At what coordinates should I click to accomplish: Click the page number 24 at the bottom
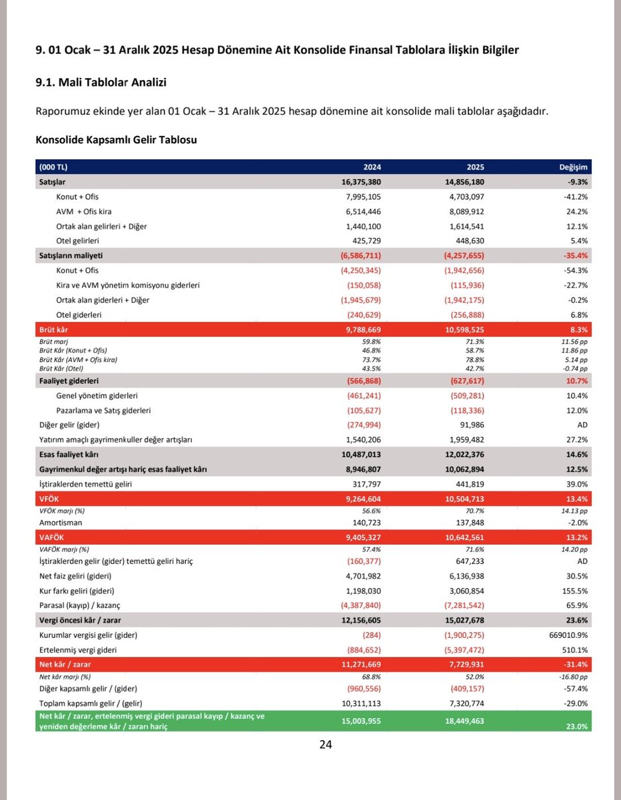pyautogui.click(x=325, y=745)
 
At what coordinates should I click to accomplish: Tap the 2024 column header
pyautogui.click(x=372, y=167)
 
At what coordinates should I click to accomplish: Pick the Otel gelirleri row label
pyautogui.click(x=83, y=241)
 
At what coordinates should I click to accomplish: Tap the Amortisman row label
pyautogui.click(x=59, y=523)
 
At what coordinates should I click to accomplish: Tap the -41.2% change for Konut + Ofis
pyautogui.click(x=575, y=197)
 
